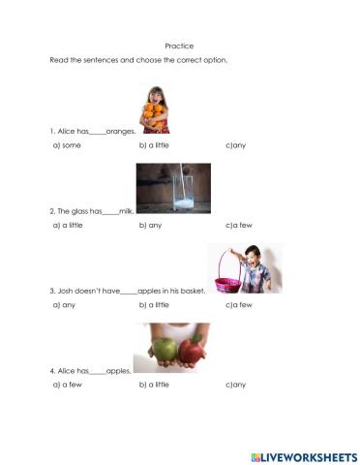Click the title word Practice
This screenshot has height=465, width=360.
[180, 46]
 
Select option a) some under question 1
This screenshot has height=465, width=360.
[66, 144]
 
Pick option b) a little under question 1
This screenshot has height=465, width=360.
[155, 144]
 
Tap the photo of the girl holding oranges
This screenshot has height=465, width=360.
[154, 108]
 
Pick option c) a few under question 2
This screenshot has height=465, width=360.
[239, 224]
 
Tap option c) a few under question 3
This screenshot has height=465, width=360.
[239, 304]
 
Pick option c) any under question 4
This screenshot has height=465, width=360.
[236, 385]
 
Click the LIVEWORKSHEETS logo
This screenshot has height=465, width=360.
[304, 454]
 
